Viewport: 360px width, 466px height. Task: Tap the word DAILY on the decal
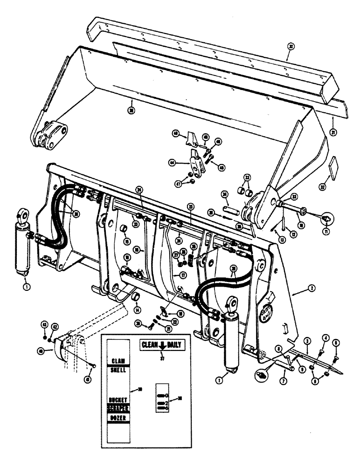[x=173, y=345]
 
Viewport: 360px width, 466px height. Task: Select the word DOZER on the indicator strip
[x=119, y=418]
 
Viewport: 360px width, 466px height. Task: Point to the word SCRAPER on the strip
[x=119, y=408]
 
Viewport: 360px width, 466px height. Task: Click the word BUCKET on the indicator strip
[x=119, y=400]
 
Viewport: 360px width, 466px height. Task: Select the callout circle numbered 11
[x=326, y=231]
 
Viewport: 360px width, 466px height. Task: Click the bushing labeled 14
[x=135, y=297]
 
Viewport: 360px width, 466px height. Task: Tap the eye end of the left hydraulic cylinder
[x=21, y=215]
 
